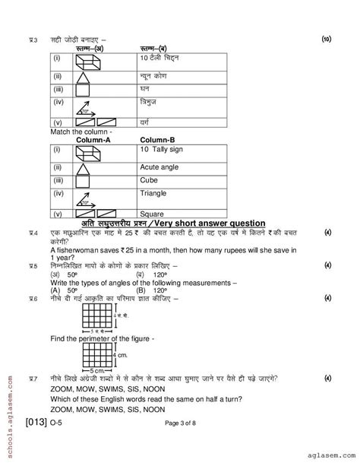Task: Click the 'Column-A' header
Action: [91, 140]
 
